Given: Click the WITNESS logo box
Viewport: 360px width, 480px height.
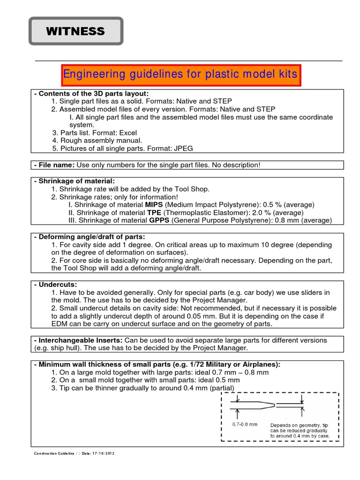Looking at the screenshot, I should click(x=75, y=32).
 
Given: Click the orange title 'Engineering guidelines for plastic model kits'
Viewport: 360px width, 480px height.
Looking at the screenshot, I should click(x=180, y=75).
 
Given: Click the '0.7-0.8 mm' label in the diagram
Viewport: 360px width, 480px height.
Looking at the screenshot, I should click(x=245, y=424).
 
